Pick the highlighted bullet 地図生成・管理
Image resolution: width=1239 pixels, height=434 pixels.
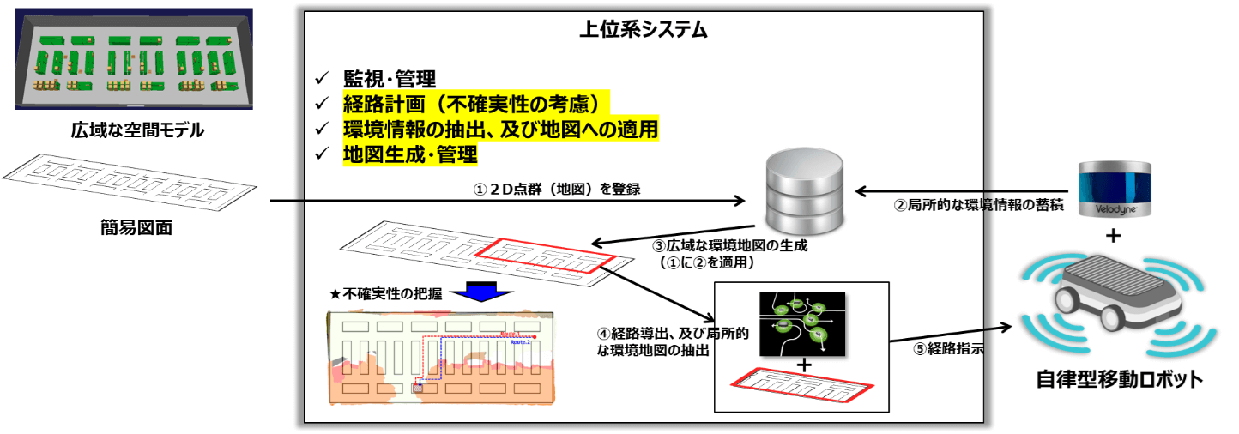[410, 154]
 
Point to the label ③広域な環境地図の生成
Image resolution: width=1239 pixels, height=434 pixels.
[730, 246]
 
